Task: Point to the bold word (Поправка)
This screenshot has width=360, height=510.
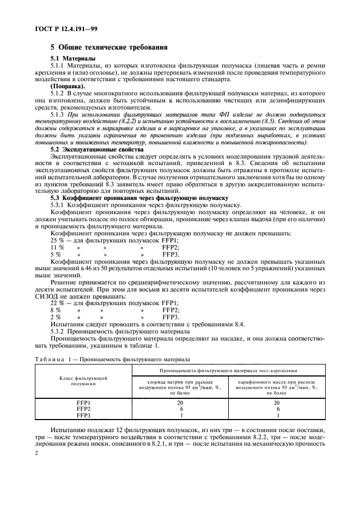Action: (68, 87)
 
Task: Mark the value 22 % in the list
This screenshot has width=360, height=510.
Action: (57, 303)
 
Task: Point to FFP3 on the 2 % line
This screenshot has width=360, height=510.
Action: (170, 318)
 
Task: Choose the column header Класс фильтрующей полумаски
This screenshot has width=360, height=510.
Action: (83, 381)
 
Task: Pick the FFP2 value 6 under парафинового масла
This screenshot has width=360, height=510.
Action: (277, 409)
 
